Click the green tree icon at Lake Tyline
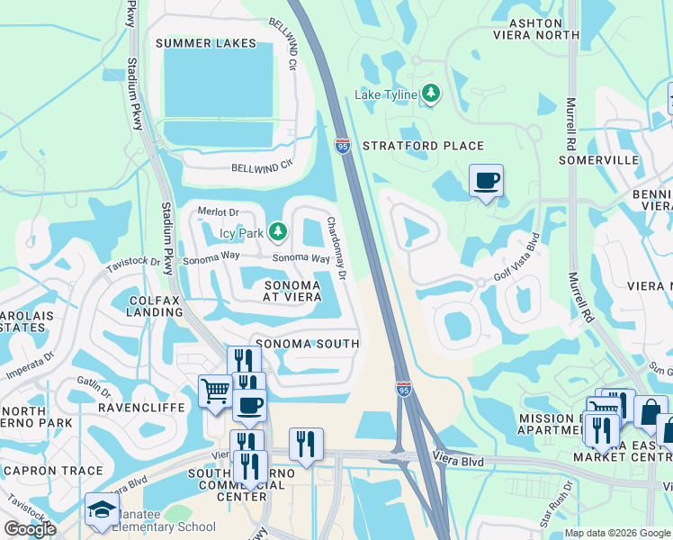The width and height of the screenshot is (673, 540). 432,94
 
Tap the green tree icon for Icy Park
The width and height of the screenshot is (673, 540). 278,233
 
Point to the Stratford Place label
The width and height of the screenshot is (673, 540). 423,146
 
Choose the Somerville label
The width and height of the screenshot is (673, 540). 598,159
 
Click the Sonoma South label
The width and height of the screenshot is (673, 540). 308,344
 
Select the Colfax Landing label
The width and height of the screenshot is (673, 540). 143,307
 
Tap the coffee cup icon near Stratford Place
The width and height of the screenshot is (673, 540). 486,181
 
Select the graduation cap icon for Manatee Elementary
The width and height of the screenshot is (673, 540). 102,509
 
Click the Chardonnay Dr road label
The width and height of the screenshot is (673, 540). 336,248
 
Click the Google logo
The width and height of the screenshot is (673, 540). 30,529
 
